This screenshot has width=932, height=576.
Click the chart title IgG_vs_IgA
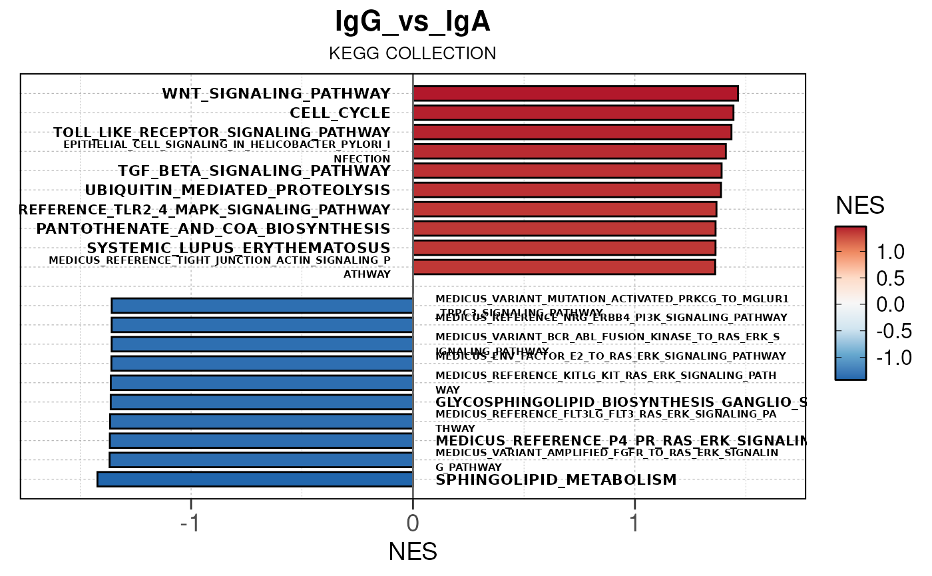(x=413, y=23)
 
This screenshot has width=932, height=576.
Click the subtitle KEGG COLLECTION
(x=413, y=53)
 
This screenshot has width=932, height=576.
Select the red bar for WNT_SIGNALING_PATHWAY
(x=575, y=93)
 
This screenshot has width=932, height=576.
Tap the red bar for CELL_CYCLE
(x=573, y=113)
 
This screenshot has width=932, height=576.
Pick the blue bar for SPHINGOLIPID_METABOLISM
(x=255, y=479)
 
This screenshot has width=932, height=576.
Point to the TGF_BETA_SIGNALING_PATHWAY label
(x=254, y=170)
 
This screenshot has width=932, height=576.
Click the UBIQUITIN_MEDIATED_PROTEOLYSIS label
(x=237, y=190)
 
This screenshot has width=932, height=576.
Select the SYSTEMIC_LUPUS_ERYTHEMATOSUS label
(x=238, y=248)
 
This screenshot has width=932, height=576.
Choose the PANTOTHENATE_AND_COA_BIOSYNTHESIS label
(x=213, y=228)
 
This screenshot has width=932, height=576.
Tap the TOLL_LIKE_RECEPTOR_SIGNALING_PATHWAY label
(x=222, y=132)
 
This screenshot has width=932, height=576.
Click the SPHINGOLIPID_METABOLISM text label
(x=556, y=479)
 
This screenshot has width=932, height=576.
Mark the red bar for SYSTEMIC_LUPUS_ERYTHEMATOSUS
(x=564, y=248)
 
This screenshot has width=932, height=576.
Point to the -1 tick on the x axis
(x=191, y=523)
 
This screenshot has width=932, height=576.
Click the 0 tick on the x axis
(x=413, y=523)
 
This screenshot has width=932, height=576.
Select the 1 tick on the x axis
(x=634, y=523)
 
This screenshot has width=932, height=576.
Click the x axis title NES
(x=413, y=551)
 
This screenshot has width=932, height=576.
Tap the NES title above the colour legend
(x=859, y=206)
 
